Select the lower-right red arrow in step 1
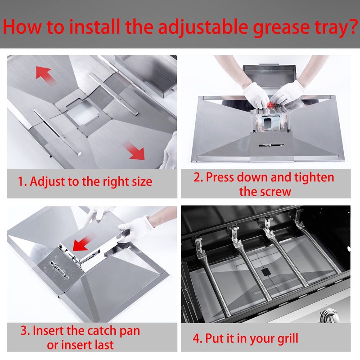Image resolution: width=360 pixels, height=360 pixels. pyautogui.click(x=134, y=150)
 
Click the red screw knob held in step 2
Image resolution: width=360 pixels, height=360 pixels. pyautogui.click(x=271, y=105)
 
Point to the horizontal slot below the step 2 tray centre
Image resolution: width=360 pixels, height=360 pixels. pyautogui.click(x=271, y=145)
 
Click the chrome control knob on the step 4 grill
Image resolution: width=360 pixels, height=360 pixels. pyautogui.click(x=330, y=316)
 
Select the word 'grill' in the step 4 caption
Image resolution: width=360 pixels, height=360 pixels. pyautogui.click(x=288, y=339)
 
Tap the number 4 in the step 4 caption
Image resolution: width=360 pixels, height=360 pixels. pyautogui.click(x=196, y=338)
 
